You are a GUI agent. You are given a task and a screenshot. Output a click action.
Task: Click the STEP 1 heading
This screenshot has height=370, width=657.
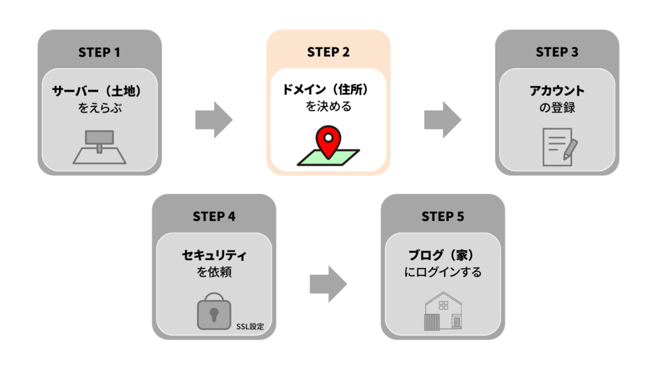(99, 52)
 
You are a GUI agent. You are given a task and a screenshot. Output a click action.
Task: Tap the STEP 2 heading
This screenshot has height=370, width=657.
(328, 52)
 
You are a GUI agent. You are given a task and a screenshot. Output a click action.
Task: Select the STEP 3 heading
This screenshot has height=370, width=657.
(557, 52)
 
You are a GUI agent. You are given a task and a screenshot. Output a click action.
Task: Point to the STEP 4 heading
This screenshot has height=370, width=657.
(214, 216)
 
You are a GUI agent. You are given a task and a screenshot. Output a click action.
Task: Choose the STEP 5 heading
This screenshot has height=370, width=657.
(443, 216)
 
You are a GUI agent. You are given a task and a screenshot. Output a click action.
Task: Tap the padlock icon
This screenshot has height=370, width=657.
(214, 312)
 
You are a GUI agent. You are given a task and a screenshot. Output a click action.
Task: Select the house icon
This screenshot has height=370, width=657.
(443, 311)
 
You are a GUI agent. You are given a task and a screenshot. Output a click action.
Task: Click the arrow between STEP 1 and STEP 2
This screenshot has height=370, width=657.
(214, 119)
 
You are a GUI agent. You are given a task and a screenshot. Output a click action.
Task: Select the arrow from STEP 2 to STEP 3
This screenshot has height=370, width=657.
(443, 119)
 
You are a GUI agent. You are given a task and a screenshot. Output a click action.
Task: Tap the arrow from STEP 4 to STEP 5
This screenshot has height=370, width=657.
(328, 284)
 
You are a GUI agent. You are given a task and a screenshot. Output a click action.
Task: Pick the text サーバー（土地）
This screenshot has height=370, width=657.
(99, 91)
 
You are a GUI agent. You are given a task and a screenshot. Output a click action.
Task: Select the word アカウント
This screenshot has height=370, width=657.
(557, 91)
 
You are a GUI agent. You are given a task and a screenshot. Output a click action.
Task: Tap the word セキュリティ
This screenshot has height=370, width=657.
(214, 255)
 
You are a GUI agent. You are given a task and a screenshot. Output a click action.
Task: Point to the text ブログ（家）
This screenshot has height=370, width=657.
(443, 255)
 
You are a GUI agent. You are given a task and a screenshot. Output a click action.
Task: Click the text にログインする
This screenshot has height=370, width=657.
(443, 272)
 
